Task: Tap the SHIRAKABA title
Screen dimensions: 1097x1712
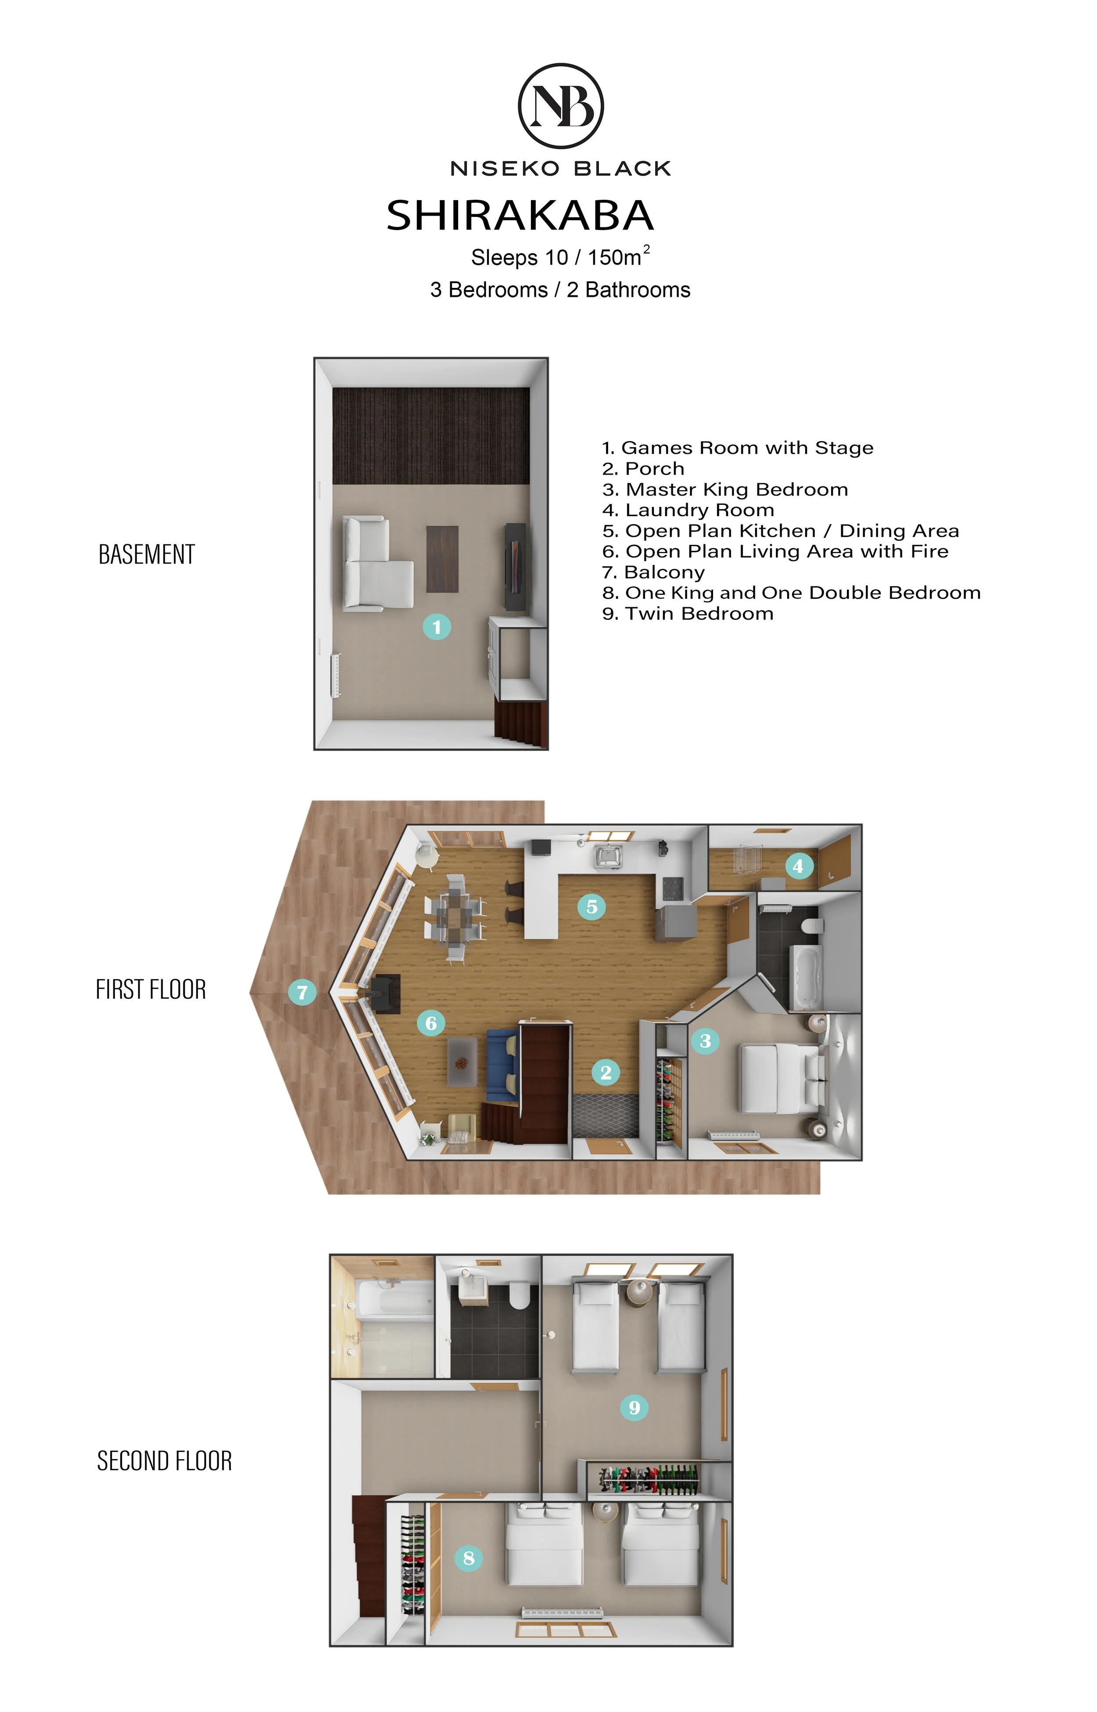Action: pos(520,215)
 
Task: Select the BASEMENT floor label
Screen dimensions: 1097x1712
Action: pos(147,554)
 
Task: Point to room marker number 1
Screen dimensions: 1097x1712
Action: pos(437,627)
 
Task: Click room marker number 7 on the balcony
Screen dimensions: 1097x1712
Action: pos(302,992)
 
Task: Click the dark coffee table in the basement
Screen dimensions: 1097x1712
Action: pos(442,559)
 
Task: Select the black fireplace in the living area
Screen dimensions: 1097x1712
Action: pos(385,993)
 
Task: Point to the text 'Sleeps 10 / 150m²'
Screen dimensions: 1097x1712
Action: pos(561,256)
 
